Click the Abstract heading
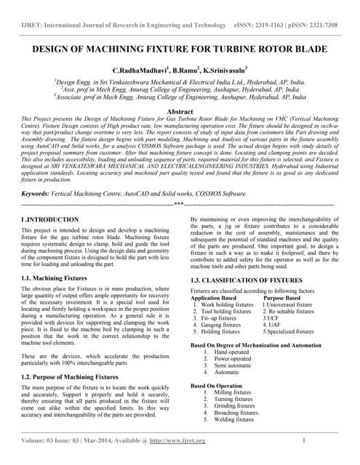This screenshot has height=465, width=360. point(180,111)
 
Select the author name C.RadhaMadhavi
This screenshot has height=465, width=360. point(140,69)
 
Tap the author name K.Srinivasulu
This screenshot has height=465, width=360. point(223,69)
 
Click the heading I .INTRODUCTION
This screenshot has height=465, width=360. point(50,219)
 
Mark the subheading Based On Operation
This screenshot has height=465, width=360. point(217,386)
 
